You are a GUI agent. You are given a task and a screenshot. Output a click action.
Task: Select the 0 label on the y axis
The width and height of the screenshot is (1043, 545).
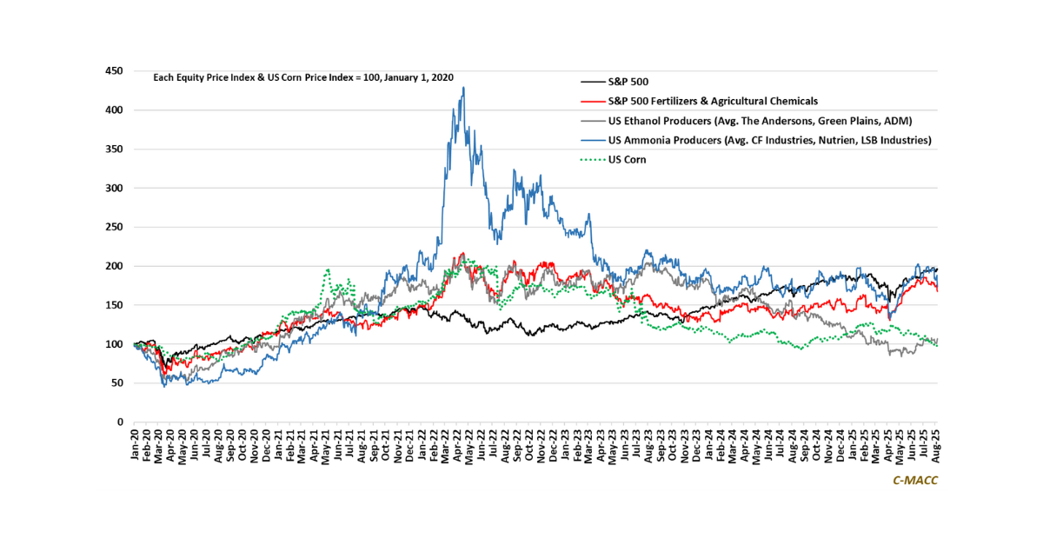click(120, 422)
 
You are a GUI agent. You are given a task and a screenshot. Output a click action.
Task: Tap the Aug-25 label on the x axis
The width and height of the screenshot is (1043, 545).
click(934, 445)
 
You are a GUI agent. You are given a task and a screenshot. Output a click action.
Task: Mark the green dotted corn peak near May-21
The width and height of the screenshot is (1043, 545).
click(328, 269)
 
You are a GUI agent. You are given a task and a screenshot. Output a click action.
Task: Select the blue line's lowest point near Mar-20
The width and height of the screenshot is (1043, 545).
click(165, 386)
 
